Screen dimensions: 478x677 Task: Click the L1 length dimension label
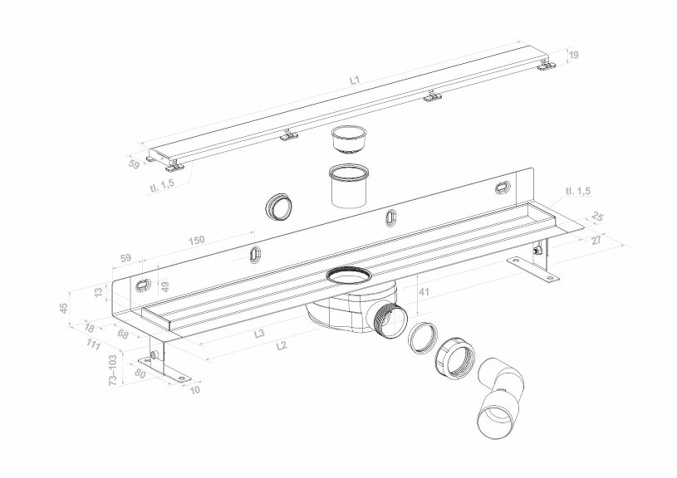[355, 81]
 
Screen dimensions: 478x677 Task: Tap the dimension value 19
[573, 56]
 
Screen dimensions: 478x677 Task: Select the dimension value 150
[196, 240]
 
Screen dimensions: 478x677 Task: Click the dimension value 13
[100, 292]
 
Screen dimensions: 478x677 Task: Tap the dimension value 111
[93, 345]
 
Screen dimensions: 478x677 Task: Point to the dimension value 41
[424, 292]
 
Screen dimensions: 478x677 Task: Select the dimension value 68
[123, 336]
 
